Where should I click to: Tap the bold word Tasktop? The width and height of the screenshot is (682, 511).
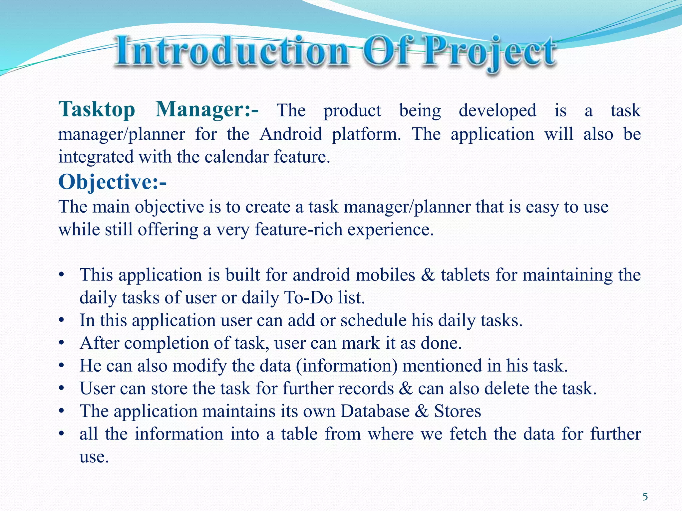(x=97, y=110)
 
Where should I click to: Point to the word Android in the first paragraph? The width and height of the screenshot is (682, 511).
(x=291, y=134)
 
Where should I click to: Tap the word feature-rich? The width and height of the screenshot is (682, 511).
(x=298, y=230)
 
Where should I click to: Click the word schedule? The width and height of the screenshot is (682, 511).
(x=373, y=320)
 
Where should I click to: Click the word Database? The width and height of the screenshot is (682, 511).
(x=375, y=411)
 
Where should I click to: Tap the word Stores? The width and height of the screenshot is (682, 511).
(x=458, y=411)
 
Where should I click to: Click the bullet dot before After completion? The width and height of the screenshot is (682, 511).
(x=61, y=343)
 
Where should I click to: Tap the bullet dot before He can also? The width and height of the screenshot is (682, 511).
(x=61, y=366)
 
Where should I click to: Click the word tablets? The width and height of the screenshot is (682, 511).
(x=465, y=275)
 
